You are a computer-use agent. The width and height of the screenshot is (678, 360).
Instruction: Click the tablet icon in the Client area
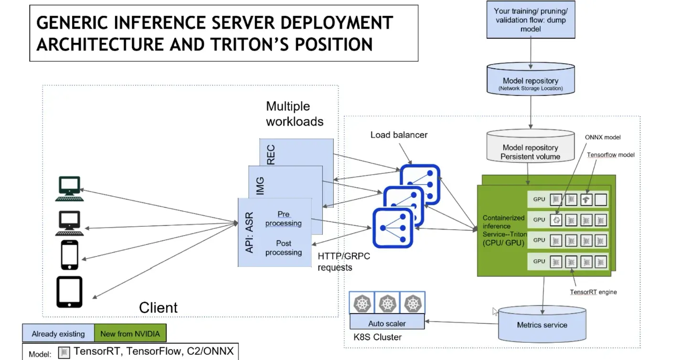click(69, 292)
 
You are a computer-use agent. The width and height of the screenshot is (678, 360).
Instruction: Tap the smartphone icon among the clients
click(70, 255)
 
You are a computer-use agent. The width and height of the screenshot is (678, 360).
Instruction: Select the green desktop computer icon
click(69, 189)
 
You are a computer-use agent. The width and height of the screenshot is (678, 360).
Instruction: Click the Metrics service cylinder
click(542, 324)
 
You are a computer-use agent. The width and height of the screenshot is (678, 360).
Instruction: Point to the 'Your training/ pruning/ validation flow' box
click(531, 20)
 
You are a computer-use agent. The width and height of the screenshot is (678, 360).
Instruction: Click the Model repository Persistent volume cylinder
click(530, 146)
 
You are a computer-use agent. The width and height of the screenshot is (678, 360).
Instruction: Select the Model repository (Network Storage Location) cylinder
click(530, 79)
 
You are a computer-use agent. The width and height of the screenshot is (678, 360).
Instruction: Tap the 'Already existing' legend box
click(58, 333)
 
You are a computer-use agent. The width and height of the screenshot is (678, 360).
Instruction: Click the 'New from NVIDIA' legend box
click(130, 333)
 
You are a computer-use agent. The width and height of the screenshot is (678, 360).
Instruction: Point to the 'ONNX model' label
click(603, 137)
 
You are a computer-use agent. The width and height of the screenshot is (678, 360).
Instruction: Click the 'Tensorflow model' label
click(611, 155)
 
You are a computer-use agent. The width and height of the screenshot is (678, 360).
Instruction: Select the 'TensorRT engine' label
click(593, 292)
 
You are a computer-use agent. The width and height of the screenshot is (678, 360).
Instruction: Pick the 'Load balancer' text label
click(399, 135)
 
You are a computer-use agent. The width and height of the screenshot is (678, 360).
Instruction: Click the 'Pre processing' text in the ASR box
click(284, 219)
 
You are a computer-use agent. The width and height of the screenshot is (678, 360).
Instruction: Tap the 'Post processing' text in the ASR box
click(284, 248)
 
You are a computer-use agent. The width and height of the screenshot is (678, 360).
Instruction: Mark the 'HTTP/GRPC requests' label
click(344, 262)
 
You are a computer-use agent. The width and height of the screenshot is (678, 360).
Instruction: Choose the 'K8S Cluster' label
click(378, 337)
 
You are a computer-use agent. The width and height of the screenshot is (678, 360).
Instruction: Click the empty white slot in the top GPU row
click(601, 200)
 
